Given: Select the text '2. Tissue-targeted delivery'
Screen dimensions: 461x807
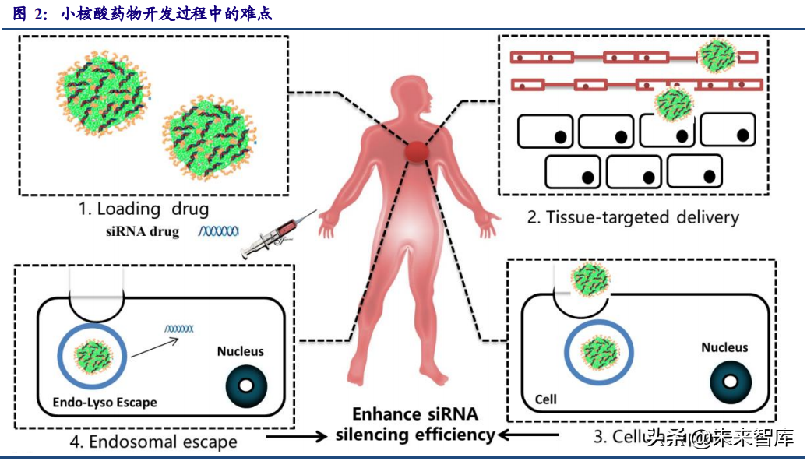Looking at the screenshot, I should click(x=633, y=216).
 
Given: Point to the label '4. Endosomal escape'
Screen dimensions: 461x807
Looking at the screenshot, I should click(x=153, y=442).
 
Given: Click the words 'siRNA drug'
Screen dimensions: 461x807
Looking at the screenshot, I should click(x=142, y=232).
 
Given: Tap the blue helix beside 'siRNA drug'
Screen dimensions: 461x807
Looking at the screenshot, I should click(x=219, y=231).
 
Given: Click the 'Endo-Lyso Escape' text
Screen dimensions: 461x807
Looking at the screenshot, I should click(x=105, y=403).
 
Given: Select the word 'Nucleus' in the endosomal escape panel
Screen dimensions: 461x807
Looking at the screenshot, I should click(x=240, y=351).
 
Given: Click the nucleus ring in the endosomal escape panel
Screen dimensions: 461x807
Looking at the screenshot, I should click(x=245, y=385).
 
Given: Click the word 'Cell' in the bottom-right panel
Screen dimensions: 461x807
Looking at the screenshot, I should click(x=545, y=399).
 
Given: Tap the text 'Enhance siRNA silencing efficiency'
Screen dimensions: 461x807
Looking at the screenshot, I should click(x=414, y=424).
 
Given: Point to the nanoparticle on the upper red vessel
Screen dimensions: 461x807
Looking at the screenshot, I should click(x=715, y=56).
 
